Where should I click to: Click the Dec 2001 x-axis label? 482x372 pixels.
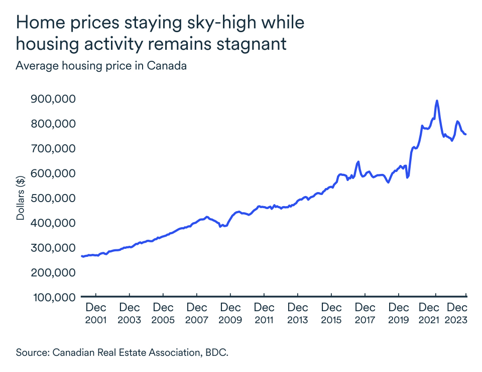tap(95, 313)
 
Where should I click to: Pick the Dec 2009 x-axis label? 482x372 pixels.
tap(230, 313)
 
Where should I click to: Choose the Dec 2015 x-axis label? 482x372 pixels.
tap(331, 313)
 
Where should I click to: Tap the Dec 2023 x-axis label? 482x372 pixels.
tap(457, 313)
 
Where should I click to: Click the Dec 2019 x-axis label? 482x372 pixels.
tap(398, 313)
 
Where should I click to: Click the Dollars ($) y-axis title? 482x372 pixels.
tap(21, 198)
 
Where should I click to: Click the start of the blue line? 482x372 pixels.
tap(82, 256)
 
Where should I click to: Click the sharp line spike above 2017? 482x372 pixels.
tap(358, 162)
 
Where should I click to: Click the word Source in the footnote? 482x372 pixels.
tap(31, 352)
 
